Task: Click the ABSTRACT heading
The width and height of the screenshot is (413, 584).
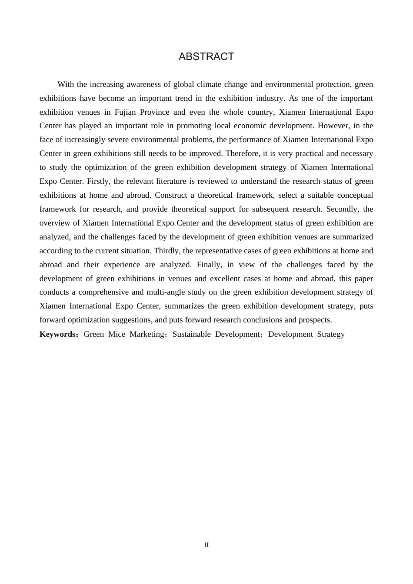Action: click(206, 56)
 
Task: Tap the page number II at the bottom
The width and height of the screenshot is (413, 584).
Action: click(206, 545)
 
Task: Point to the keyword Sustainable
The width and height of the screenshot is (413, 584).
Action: click(190, 334)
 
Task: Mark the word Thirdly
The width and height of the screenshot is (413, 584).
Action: click(167, 251)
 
